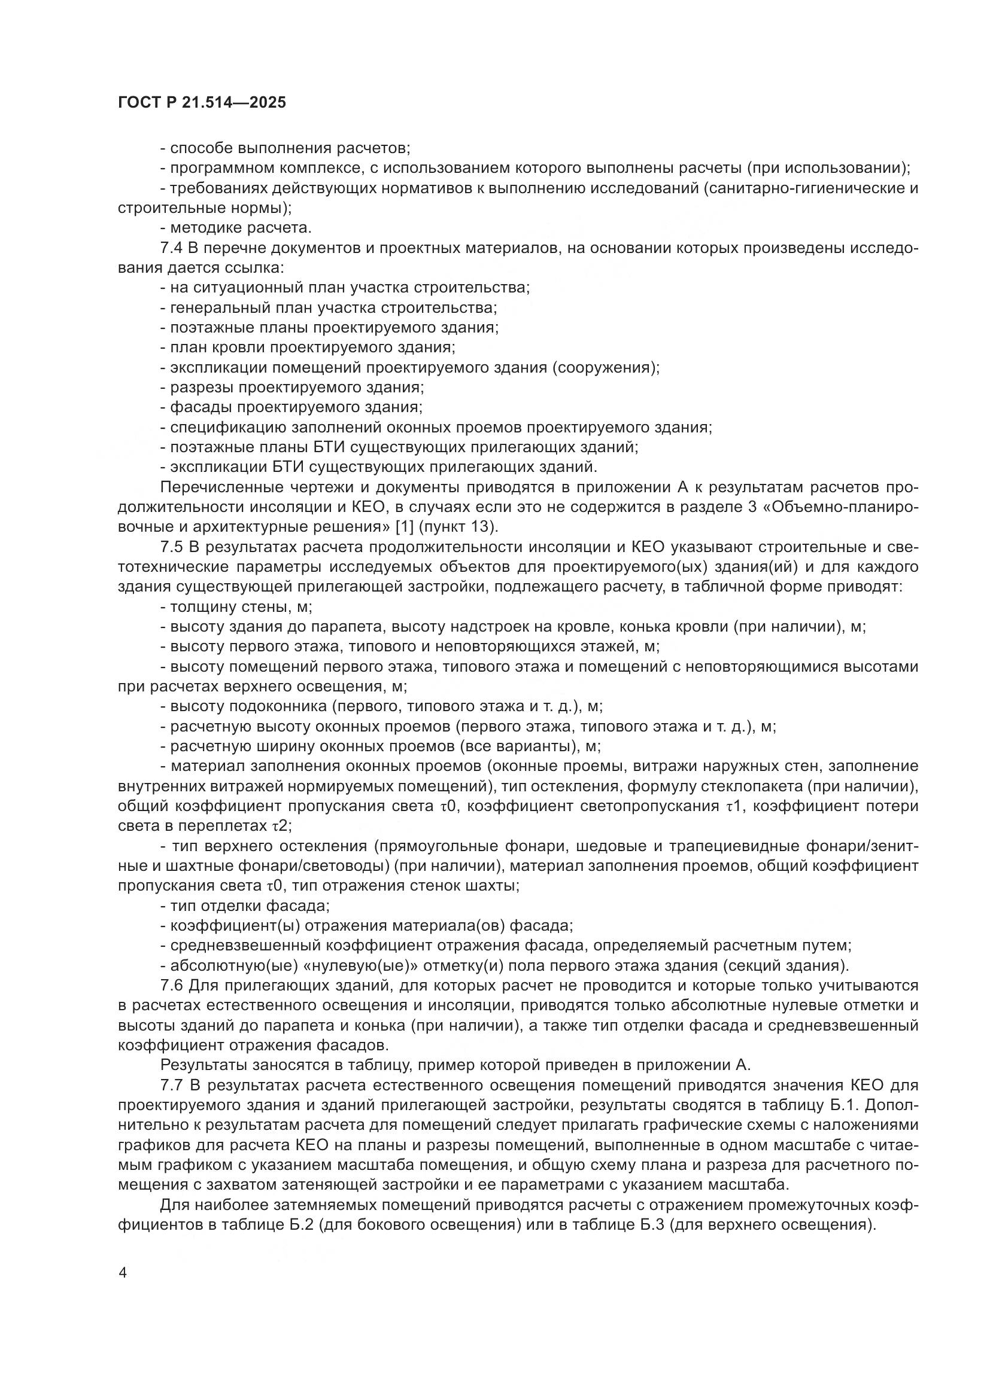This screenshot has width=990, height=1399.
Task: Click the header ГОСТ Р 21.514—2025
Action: (x=202, y=103)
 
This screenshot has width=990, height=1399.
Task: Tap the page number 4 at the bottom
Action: (x=123, y=1273)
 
